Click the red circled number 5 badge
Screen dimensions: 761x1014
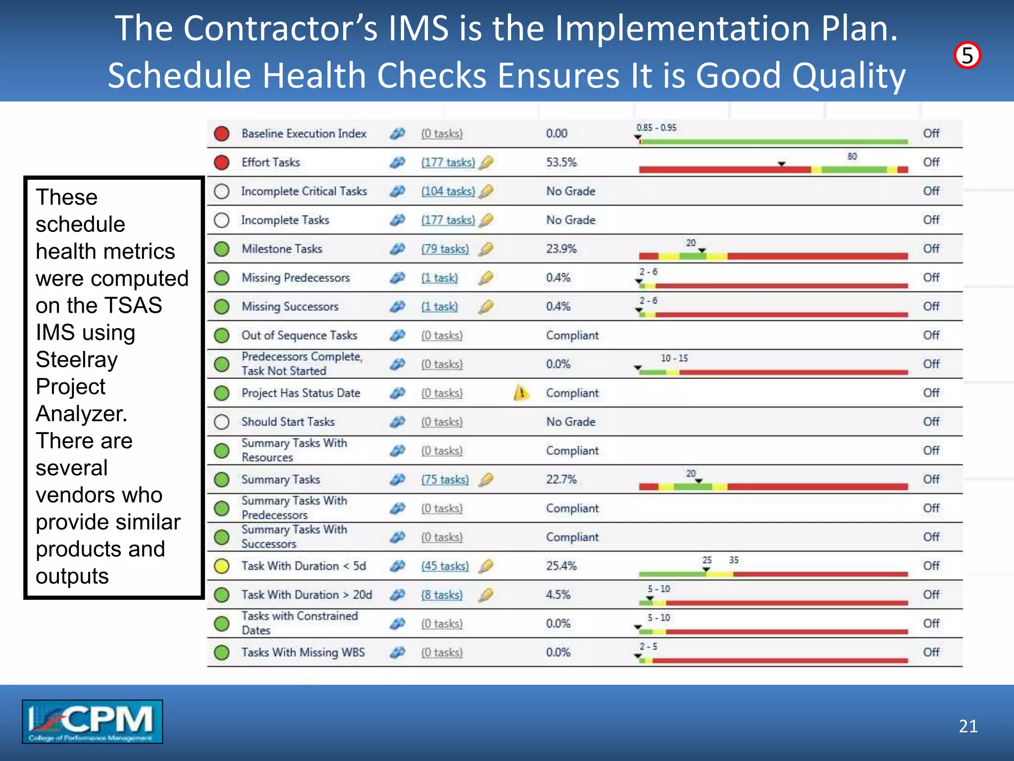(x=967, y=55)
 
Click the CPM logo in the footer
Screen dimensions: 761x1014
(x=93, y=721)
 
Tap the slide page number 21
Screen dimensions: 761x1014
(x=968, y=726)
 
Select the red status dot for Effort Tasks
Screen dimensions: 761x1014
(x=222, y=163)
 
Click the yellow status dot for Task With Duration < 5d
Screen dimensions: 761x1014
(x=222, y=566)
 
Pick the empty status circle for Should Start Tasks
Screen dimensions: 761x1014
(x=222, y=422)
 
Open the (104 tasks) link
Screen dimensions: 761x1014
(x=448, y=191)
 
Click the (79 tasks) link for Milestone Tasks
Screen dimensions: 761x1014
(x=445, y=249)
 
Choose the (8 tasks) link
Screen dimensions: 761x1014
(x=442, y=595)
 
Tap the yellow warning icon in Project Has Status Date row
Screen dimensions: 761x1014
(x=521, y=393)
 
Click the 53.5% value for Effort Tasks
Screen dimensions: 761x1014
(x=561, y=163)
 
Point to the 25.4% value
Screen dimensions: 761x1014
(x=561, y=566)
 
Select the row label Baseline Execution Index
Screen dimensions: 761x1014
(x=304, y=134)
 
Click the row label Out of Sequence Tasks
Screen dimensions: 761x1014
(x=299, y=335)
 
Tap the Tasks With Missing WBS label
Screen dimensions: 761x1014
(x=303, y=652)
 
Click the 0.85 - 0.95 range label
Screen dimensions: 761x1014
(x=656, y=128)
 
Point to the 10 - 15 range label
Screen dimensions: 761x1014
(x=674, y=358)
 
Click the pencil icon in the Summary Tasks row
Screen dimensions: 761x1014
(x=487, y=479)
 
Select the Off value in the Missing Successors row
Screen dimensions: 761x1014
(x=931, y=307)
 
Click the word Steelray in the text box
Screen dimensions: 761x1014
(x=77, y=360)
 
